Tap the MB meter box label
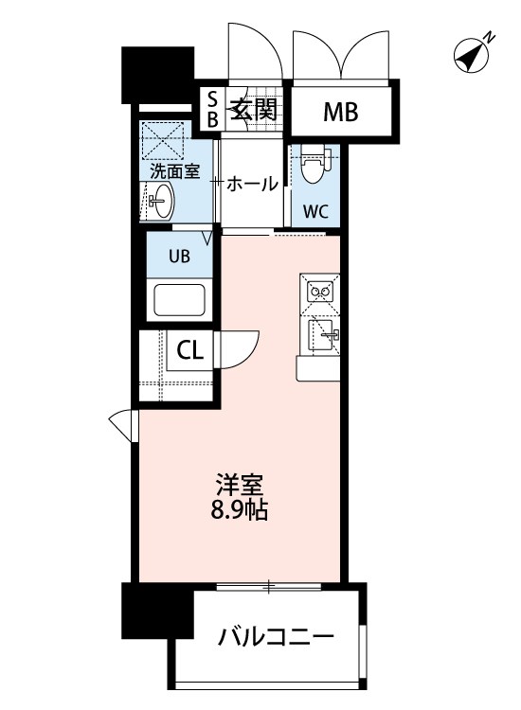[341, 113]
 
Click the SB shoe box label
[212, 109]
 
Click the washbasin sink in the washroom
[161, 201]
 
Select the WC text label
[315, 210]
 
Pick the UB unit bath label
[179, 255]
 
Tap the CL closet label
[189, 351]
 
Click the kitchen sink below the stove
[322, 333]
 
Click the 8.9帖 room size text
[240, 513]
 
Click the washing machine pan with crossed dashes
[165, 144]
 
